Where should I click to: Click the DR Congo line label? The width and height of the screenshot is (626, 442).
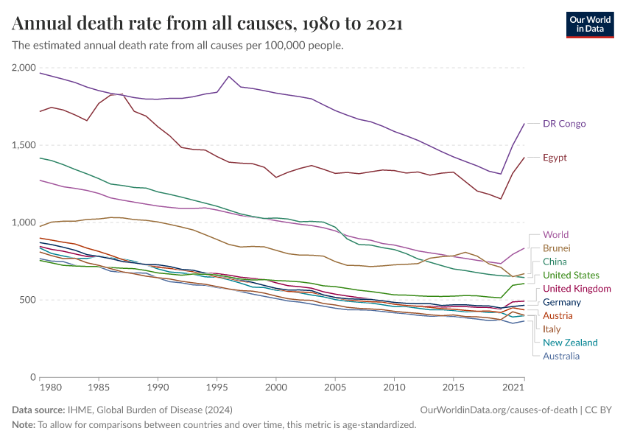coord(564,124)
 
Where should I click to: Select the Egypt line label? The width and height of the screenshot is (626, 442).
coord(555,158)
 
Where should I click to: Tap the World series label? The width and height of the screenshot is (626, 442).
coord(555,235)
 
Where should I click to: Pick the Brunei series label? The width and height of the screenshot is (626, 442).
coord(556,248)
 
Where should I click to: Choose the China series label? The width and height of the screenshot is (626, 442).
coord(555,262)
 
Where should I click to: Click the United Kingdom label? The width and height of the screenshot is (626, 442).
coord(577,289)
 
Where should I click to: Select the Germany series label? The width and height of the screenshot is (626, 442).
coord(562,302)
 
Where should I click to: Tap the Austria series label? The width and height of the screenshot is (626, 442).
coord(558,315)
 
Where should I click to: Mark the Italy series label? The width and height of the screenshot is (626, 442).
coord(552,329)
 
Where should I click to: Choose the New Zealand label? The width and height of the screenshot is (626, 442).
coord(570,343)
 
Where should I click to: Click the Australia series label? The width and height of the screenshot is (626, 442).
coord(561,356)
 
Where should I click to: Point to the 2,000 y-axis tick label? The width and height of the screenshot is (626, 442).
coord(24,68)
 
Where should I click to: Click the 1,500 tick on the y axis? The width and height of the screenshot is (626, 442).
coord(24,145)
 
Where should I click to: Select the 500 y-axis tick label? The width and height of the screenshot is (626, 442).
coord(27,300)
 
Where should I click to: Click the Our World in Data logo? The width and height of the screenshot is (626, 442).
coord(589,24)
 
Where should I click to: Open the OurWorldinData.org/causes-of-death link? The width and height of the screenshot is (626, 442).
coord(498,410)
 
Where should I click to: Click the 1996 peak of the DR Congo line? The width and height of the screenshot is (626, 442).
coord(228,76)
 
